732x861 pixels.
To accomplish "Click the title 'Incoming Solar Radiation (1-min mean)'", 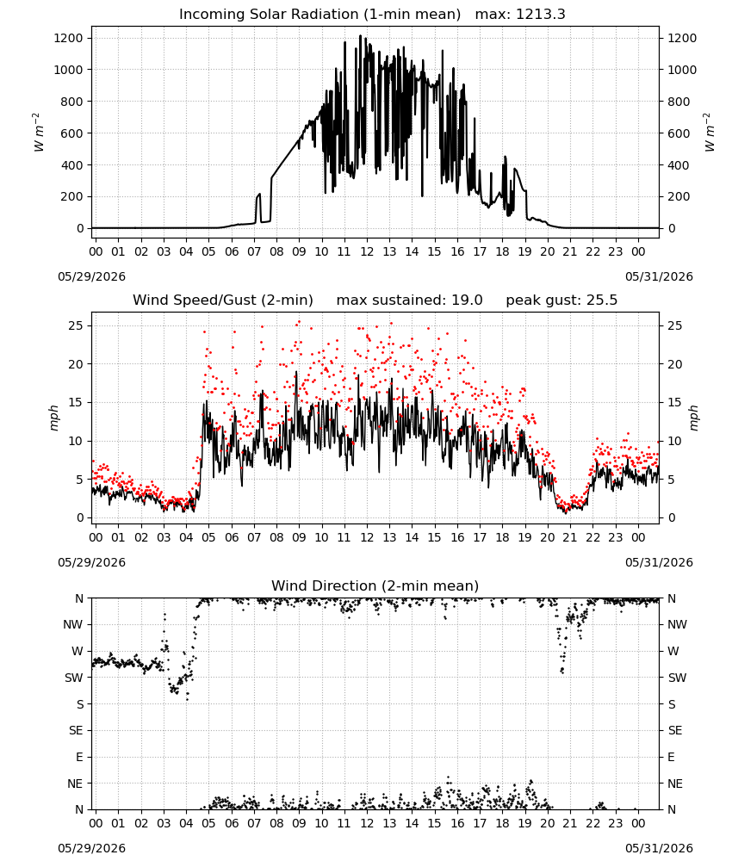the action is [319, 15].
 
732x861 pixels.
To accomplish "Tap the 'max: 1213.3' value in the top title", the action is [520, 15].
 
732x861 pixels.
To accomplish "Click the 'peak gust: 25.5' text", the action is [561, 300].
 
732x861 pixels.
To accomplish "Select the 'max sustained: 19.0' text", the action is [409, 300].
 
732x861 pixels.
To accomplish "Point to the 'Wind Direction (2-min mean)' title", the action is [375, 585].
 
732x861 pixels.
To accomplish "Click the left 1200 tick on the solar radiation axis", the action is [68, 38].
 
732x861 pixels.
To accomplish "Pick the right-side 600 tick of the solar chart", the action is [679, 133].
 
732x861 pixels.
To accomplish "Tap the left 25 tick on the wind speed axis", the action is [77, 325].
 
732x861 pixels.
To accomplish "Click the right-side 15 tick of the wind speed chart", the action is [675, 402].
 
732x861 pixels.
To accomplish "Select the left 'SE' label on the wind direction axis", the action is [76, 730].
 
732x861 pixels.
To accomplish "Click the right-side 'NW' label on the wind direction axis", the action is [677, 624].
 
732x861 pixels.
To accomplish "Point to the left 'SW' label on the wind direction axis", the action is [74, 678].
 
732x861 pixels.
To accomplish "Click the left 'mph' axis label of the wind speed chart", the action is [53, 418].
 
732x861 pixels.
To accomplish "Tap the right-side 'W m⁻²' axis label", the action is [709, 133].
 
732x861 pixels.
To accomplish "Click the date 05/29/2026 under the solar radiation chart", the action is [91, 276].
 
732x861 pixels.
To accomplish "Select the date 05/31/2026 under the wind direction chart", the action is [659, 848].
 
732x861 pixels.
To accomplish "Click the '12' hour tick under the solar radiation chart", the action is [367, 252].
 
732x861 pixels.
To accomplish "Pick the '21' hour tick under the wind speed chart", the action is [570, 537].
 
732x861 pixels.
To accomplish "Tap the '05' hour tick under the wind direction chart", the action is [208, 824].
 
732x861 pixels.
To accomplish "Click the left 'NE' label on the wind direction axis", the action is [75, 784].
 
